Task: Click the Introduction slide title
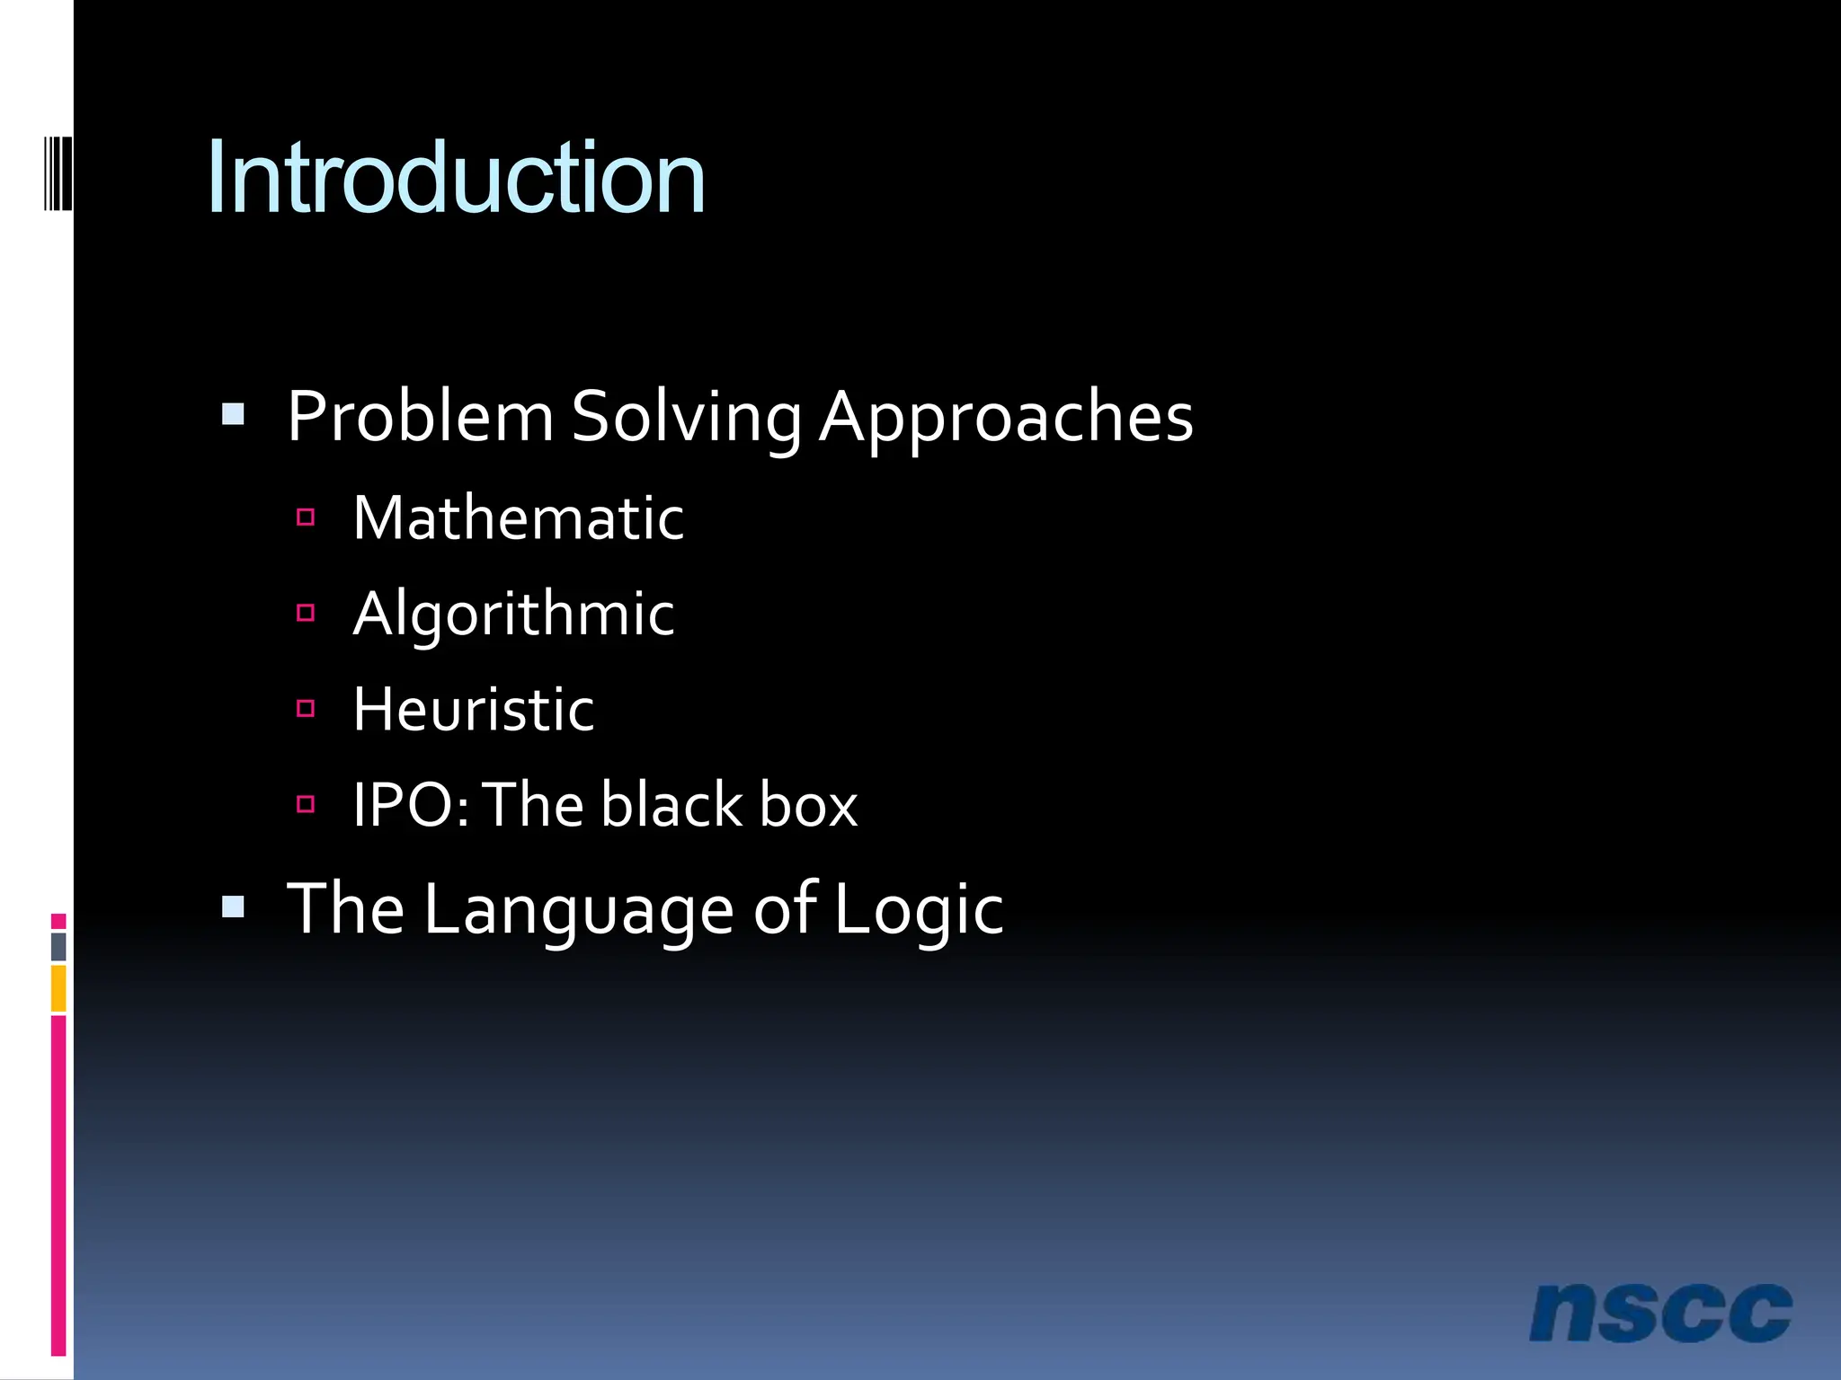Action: pyautogui.click(x=456, y=178)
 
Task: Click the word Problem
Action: pyautogui.click(x=420, y=417)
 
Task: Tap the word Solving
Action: pyautogui.click(x=686, y=419)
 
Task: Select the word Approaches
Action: pyautogui.click(x=1006, y=419)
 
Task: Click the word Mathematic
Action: pyautogui.click(x=518, y=518)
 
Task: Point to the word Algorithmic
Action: pyautogui.click(x=513, y=615)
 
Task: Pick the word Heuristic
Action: pyautogui.click(x=473, y=710)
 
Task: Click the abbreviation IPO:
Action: pyautogui.click(x=411, y=805)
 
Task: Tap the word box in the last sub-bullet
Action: pyautogui.click(x=808, y=805)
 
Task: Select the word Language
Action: pyautogui.click(x=578, y=910)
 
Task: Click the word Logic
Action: pyautogui.click(x=918, y=910)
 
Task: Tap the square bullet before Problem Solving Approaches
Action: pyautogui.click(x=233, y=414)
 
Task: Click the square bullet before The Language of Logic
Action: pyautogui.click(x=233, y=907)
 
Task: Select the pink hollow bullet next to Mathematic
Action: pyautogui.click(x=306, y=517)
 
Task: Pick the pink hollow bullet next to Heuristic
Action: pyautogui.click(x=306, y=709)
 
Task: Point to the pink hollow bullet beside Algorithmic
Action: pyautogui.click(x=306, y=613)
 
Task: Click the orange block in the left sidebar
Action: pyautogui.click(x=58, y=987)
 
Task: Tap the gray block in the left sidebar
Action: pyautogui.click(x=58, y=946)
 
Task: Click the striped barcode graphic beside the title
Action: pyautogui.click(x=58, y=172)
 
